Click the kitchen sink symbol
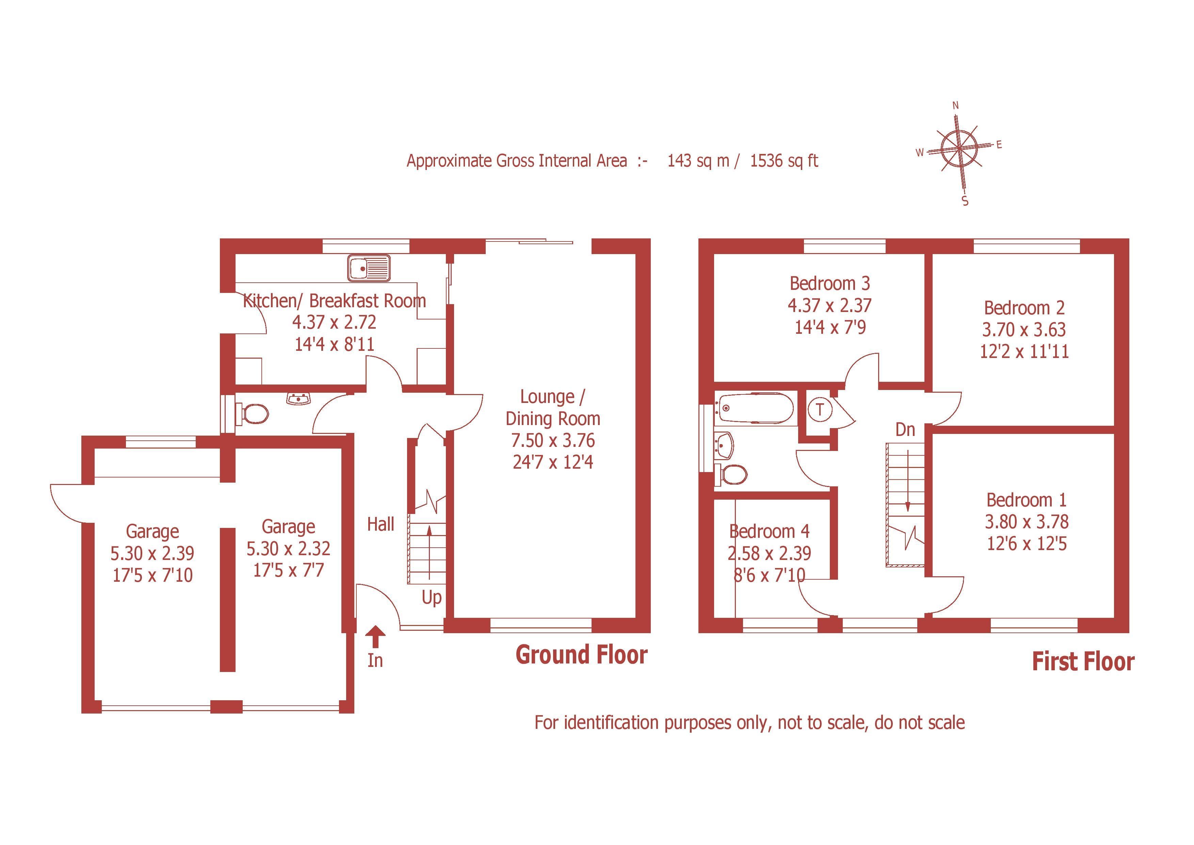[369, 268]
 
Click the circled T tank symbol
[820, 410]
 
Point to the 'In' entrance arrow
[375, 637]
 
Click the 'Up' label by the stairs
[431, 598]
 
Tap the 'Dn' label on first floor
[905, 430]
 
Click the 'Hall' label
[381, 524]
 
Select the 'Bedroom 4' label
[769, 531]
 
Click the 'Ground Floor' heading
[581, 655]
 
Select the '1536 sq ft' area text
[784, 161]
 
